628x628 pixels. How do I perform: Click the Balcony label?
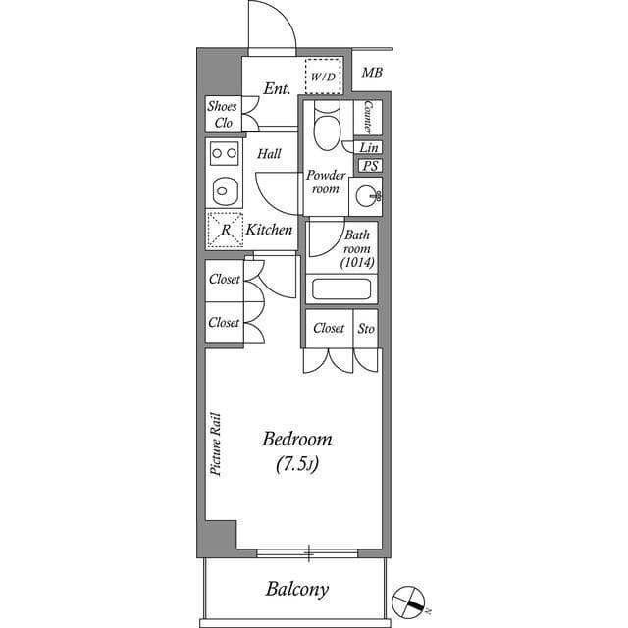pos(296,590)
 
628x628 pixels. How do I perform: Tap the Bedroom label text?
pos(295,439)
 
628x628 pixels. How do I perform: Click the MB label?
pos(372,73)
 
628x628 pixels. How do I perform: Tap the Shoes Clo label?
pos(220,115)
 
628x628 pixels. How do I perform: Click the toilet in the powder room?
pos(324,127)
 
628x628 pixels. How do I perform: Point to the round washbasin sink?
pos(371,194)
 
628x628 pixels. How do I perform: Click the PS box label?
pos(370,166)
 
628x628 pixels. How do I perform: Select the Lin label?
pos(369,147)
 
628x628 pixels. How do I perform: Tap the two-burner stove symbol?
pos(225,153)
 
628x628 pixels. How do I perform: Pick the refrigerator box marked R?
pos(225,230)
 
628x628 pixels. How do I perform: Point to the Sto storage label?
pos(366,328)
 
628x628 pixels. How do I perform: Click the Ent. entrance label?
pos(277,89)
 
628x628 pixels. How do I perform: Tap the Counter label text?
pos(367,118)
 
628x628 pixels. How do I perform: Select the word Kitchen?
pos(269,230)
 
